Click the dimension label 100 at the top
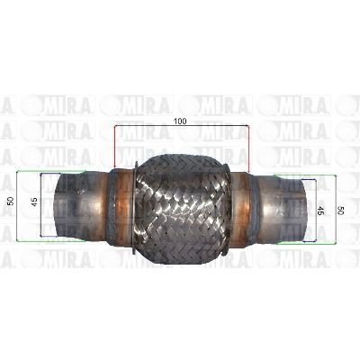pyautogui.click(x=180, y=121)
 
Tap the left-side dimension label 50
pyautogui.click(x=11, y=201)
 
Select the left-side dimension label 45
pyautogui.click(x=34, y=202)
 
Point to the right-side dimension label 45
pyautogui.click(x=319, y=211)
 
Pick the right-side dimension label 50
pyautogui.click(x=340, y=211)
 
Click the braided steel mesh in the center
pyautogui.click(x=182, y=209)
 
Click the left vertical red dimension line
pyautogui.click(x=114, y=148)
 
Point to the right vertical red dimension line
pyautogui.click(x=248, y=149)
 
